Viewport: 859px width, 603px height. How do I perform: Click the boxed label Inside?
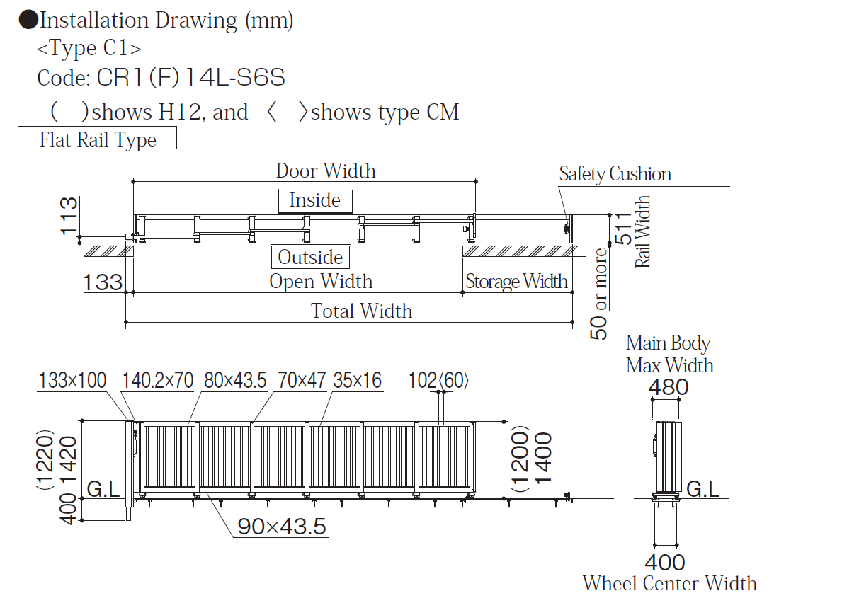coord(314,201)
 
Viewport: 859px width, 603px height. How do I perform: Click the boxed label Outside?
coord(310,257)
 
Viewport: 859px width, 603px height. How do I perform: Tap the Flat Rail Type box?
coord(97,139)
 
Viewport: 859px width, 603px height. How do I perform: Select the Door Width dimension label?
coord(326,171)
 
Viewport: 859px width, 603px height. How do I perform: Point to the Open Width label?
coord(321,282)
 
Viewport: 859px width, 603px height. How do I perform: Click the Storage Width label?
coord(516,282)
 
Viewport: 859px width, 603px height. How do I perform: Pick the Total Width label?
coord(361,311)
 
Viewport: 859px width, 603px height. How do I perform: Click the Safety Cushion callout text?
coord(615,174)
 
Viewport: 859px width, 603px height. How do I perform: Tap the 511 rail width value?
coord(623,229)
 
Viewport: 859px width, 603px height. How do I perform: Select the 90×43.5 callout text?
coord(282,527)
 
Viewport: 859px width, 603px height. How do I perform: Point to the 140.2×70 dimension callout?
coord(157,381)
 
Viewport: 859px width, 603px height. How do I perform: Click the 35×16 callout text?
coord(357,381)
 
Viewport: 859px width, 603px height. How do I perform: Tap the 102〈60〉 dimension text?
coord(438,381)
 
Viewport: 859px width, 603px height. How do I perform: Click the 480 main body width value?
coord(669,387)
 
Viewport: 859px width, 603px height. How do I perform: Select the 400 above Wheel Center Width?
coord(665,563)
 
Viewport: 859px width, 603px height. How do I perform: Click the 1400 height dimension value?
coord(542,458)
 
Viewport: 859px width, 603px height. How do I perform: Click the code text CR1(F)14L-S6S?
coord(191,78)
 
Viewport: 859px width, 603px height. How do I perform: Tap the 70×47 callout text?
coord(302,381)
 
